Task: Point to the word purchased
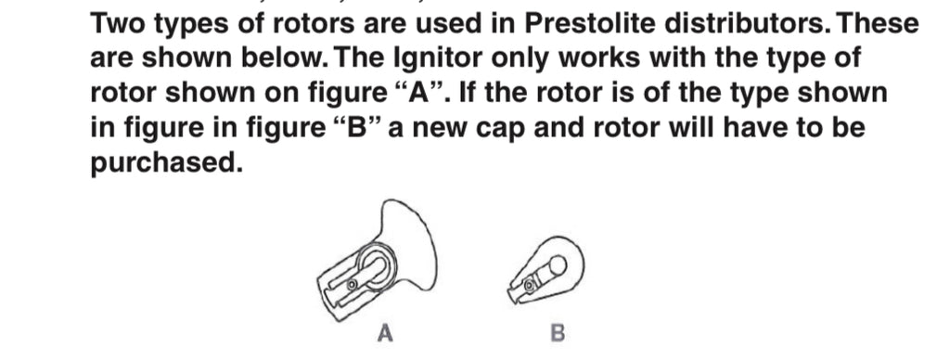(167, 162)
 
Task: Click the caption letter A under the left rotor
(385, 333)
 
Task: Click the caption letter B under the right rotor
(558, 333)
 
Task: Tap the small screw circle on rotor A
(352, 284)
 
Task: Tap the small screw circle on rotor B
(529, 284)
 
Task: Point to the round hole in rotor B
(558, 264)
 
